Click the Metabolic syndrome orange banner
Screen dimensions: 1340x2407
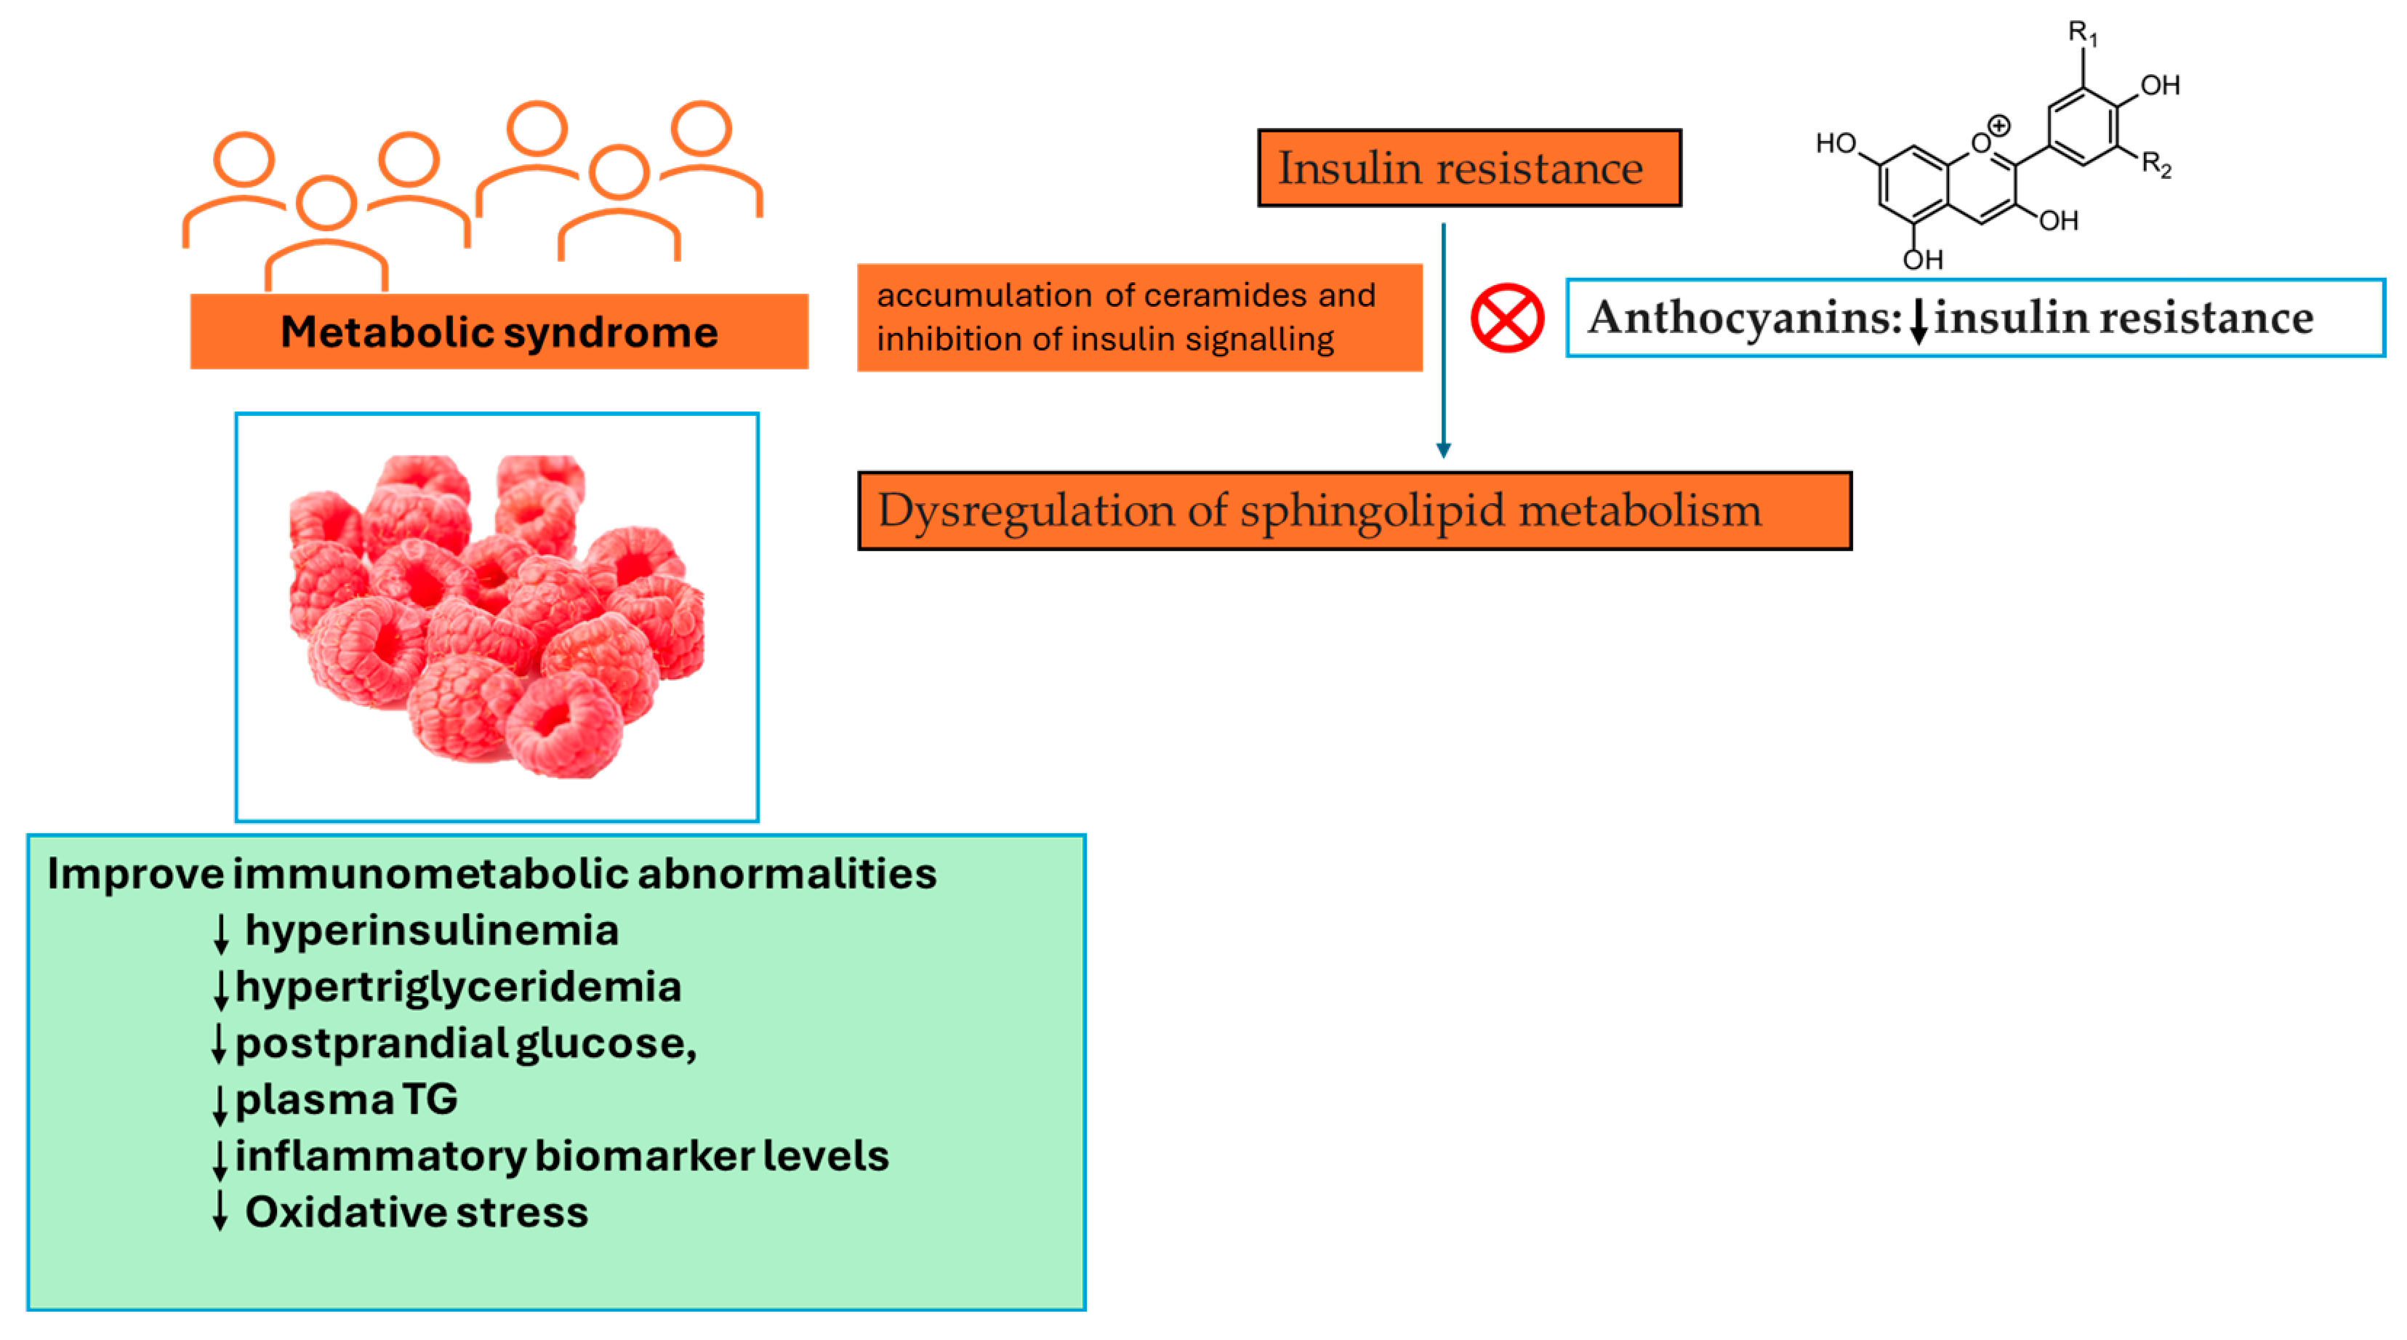(499, 332)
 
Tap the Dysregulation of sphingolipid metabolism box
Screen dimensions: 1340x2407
(1353, 511)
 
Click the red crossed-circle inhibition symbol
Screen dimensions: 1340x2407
(1506, 318)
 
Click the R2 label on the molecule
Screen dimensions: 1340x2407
(2155, 164)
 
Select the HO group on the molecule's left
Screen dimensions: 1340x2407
(1835, 143)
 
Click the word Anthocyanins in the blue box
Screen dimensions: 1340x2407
(1743, 318)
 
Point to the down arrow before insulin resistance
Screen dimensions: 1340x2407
(1918, 320)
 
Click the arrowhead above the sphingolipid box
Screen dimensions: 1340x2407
(1443, 449)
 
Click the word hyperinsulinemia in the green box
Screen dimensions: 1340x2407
(432, 931)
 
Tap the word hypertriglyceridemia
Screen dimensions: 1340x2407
(458, 987)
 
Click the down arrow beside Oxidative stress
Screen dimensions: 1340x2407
(220, 1211)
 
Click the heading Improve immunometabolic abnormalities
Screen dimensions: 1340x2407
(491, 874)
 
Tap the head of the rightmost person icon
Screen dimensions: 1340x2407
(701, 128)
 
